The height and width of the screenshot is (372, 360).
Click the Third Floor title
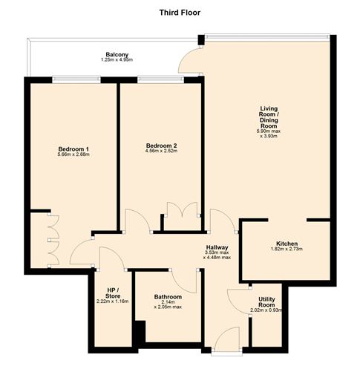[180, 13]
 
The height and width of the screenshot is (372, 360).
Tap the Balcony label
[117, 54]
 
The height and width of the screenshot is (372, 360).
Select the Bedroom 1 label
[73, 149]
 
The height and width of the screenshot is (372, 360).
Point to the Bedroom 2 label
[160, 145]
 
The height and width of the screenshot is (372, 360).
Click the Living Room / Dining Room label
[268, 120]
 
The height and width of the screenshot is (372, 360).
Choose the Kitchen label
[287, 244]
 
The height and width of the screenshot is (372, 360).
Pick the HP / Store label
[112, 292]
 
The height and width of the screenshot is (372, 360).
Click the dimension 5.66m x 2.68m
[73, 156]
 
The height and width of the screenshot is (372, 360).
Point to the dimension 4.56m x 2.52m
[160, 151]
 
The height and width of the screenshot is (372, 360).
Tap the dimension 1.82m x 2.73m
[287, 250]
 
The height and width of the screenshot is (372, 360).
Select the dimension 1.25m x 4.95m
[117, 60]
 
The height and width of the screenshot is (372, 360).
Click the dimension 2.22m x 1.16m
[112, 302]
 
